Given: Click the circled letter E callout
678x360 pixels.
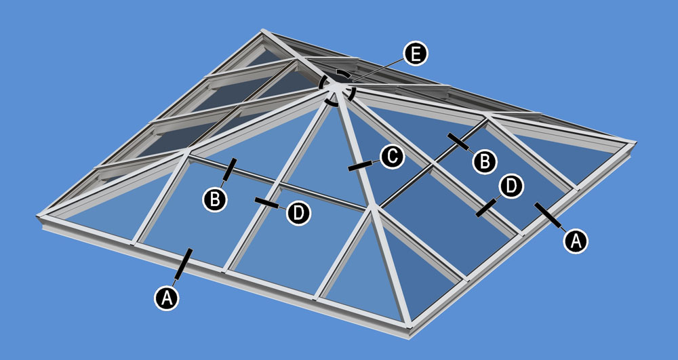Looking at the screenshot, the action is [415, 54].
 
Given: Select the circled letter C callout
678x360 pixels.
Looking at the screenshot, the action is [392, 157].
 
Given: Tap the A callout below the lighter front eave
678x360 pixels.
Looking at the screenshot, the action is [167, 298].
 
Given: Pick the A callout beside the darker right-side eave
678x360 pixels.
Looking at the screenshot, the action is [576, 241].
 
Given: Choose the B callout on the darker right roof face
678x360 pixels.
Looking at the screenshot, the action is [485, 161].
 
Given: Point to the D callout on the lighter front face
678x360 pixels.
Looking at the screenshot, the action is [299, 213].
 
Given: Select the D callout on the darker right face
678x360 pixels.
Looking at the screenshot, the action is [511, 186].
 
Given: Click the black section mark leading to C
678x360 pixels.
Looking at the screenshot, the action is [360, 166].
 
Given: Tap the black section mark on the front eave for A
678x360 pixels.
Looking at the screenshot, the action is [184, 264].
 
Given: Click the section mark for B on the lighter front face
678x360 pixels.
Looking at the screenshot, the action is [230, 169].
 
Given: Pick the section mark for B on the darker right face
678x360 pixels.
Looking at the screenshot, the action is [458, 142].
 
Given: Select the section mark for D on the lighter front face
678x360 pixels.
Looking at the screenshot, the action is [266, 203].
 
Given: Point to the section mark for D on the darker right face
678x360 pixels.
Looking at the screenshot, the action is [486, 208].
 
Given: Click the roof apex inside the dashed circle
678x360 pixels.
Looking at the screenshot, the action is [336, 88].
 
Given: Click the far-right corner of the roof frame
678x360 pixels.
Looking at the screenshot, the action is [634, 143].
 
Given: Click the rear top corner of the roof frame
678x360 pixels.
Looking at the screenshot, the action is [262, 31].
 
